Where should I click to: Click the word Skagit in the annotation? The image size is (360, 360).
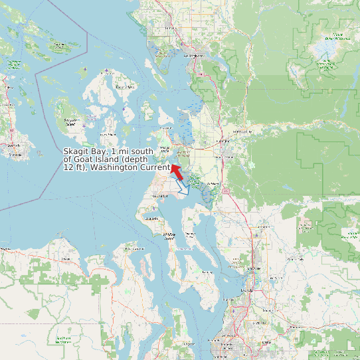click(x=76, y=152)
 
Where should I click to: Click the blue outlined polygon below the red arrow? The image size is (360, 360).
click(x=183, y=189)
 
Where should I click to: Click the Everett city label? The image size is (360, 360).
click(x=248, y=290)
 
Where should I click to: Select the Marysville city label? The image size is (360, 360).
click(x=252, y=268)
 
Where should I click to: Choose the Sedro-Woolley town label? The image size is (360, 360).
click(x=242, y=132)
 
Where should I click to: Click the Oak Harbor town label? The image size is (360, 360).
click(x=160, y=197)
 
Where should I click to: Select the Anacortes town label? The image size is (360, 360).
click(x=165, y=147)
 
